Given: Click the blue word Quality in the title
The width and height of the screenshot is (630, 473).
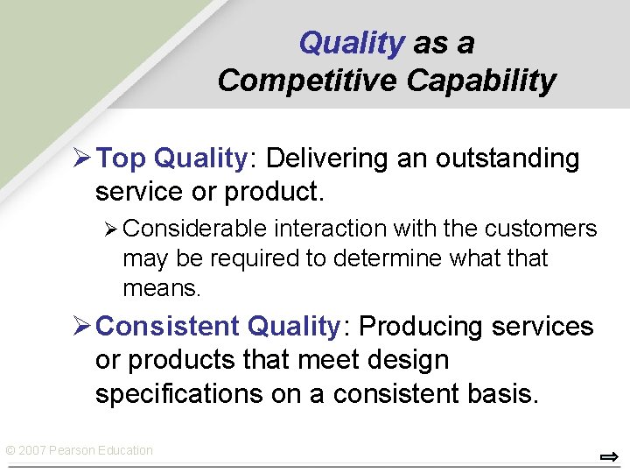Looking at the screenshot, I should click(x=351, y=43).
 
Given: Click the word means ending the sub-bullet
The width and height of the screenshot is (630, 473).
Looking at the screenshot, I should click(x=162, y=287).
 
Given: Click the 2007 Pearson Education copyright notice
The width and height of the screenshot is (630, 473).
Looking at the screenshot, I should click(x=79, y=450).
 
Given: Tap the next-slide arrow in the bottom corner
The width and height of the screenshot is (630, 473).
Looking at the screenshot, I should click(x=609, y=456).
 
